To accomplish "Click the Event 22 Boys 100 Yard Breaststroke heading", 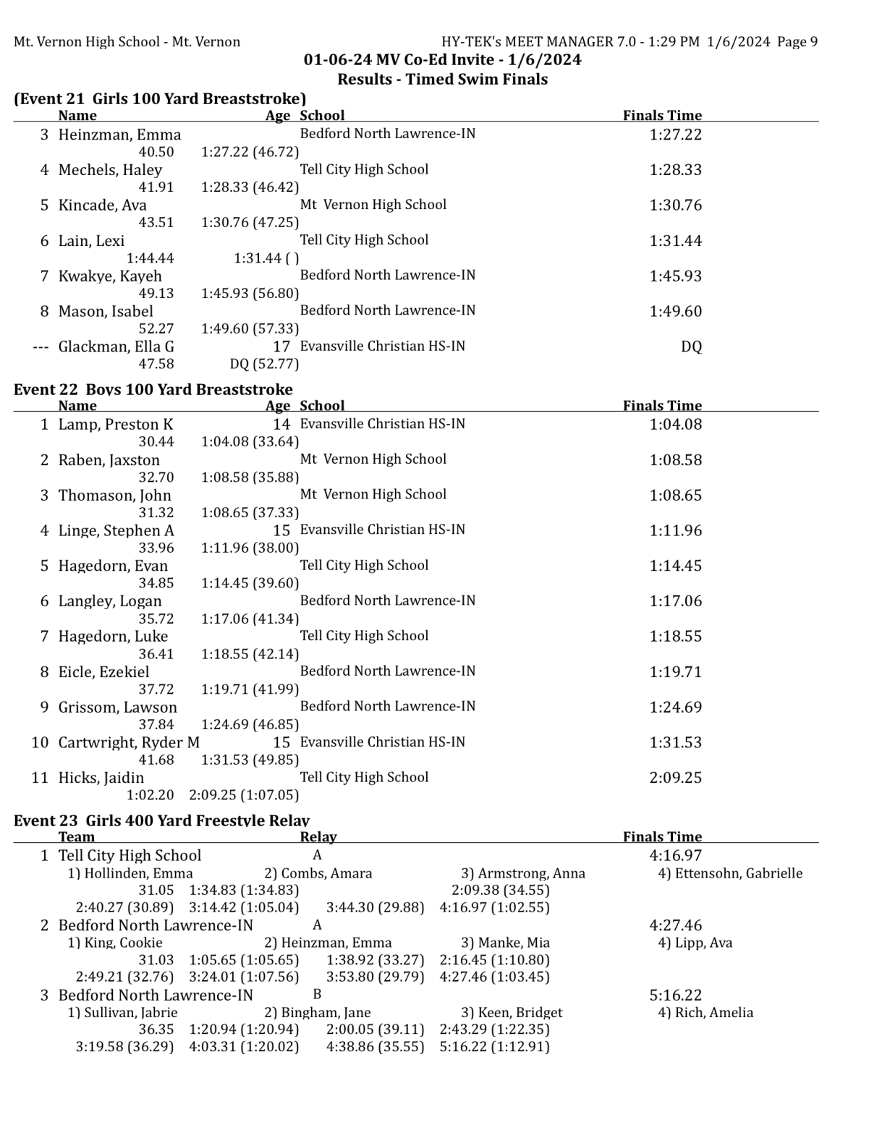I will [x=153, y=389].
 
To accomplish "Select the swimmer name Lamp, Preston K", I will [x=116, y=425].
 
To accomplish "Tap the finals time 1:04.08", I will [x=675, y=425].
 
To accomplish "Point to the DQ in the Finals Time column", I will [x=691, y=347].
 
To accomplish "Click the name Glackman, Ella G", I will [x=116, y=347].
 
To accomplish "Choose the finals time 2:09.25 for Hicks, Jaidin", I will [x=675, y=778].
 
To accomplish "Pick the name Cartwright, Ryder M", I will [x=129, y=742].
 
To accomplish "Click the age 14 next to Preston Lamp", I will [x=281, y=425].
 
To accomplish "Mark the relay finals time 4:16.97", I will [x=675, y=856].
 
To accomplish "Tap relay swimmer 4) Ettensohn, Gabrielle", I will [x=730, y=873].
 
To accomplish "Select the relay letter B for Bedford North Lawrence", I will [x=317, y=994].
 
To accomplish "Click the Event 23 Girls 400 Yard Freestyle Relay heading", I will [x=161, y=820].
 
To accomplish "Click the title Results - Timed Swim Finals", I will [x=442, y=80].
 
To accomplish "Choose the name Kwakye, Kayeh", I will [x=110, y=276].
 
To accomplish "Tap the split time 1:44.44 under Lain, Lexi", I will [x=150, y=258].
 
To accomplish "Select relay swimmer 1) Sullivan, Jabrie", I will [x=122, y=1013].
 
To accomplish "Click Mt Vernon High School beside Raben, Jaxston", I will [x=373, y=459].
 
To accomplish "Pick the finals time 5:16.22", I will [x=675, y=995].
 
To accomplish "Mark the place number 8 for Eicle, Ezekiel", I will [x=44, y=672].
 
